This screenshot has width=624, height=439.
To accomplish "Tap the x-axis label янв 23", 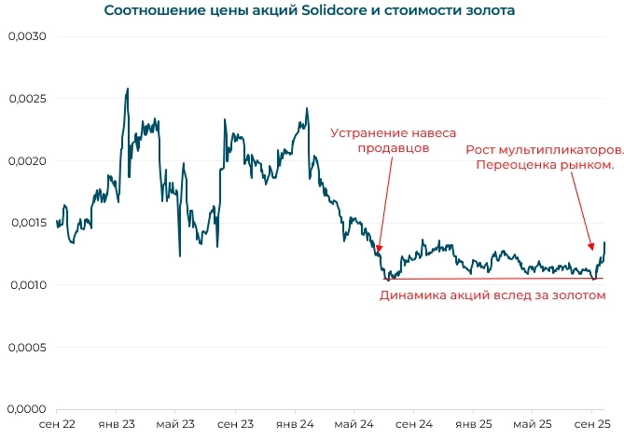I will pos(116,424).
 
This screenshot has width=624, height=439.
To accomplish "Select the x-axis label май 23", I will pos(175,424).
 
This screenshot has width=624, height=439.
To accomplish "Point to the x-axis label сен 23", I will pos(235,424).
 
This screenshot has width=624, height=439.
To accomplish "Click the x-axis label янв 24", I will pos(295,424).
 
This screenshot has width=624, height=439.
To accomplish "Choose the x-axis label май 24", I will pos(354,424).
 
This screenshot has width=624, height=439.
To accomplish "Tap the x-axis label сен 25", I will pos(591,424).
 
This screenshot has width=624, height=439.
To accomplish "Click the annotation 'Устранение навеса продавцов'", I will pos(394,140).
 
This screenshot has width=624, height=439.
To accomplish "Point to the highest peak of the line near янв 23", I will pos(127,89).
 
